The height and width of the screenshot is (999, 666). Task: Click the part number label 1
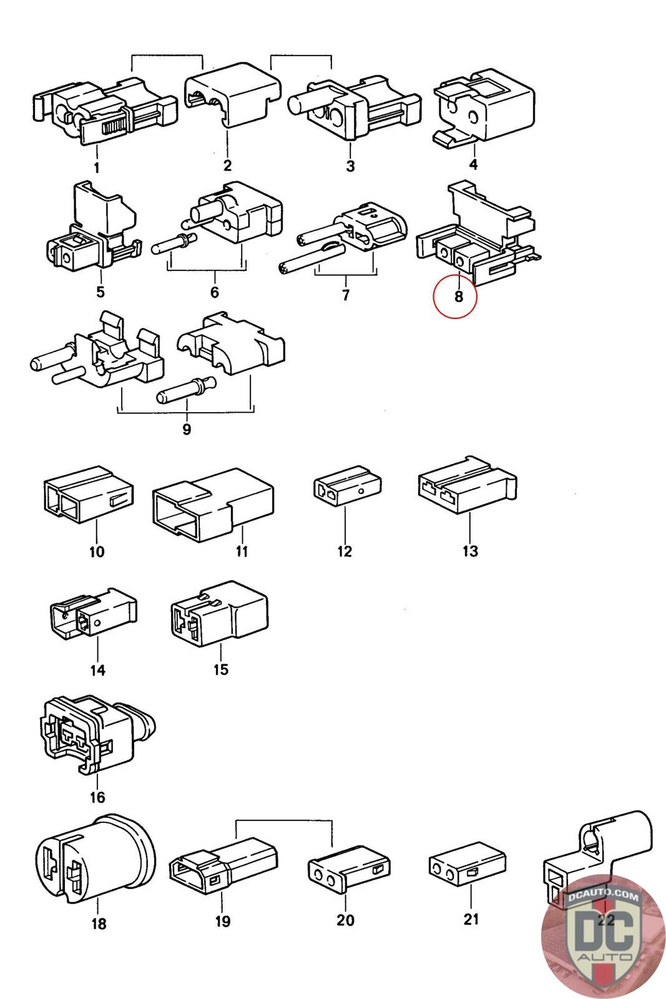[97, 167]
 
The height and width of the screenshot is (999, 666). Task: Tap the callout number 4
[473, 164]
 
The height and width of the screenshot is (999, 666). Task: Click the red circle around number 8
[455, 296]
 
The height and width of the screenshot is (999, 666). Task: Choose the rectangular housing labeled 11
[212, 506]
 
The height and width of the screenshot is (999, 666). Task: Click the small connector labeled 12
[346, 491]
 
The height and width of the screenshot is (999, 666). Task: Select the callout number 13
[470, 551]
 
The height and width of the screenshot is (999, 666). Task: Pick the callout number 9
[186, 430]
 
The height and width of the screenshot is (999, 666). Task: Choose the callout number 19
[222, 921]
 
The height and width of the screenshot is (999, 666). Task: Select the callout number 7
[346, 295]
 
